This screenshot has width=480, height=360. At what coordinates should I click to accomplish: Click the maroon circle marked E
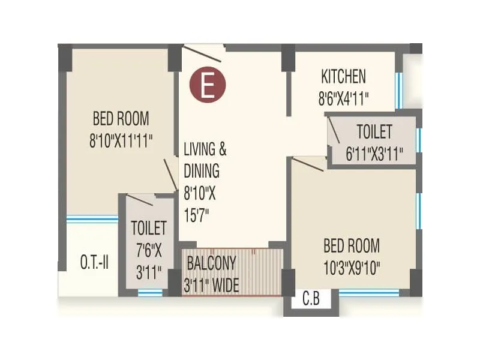coord(208,86)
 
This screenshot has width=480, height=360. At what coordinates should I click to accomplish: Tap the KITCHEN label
coord(343,77)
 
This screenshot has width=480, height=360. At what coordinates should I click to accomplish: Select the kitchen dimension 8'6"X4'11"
coord(343,98)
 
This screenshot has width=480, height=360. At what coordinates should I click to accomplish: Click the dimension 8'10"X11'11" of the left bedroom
coord(121,140)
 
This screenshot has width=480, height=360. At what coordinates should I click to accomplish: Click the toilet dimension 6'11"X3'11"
coord(374,154)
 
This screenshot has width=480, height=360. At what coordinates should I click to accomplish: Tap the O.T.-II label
coord(94,262)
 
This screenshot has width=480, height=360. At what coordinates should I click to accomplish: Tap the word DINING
coord(202,170)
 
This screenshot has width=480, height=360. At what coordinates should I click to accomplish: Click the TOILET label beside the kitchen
coord(374,131)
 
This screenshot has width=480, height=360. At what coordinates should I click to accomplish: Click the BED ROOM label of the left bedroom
coord(121,118)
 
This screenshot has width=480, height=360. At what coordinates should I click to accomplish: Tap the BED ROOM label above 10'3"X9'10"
coord(352,245)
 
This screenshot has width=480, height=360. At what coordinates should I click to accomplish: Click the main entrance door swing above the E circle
coord(204,53)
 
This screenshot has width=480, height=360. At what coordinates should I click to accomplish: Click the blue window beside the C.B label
coord(369,292)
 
